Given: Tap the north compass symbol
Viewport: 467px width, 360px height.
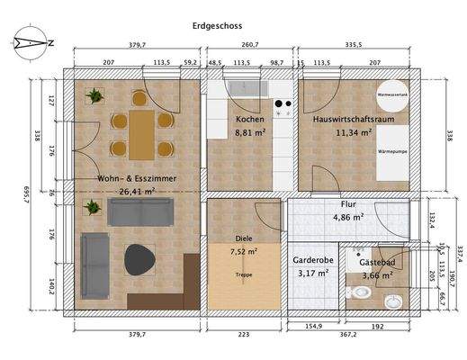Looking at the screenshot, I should coord(33,40).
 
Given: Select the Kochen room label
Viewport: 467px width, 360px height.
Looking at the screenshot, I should coord(249,120).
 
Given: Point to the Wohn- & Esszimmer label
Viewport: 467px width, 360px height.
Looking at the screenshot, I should coord(137,178).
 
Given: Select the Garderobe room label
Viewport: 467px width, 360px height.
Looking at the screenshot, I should coord(312,259).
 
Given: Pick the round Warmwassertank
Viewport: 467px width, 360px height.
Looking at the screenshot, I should coord(392,94).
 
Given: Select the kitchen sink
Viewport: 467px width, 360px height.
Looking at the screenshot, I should coord(241,88).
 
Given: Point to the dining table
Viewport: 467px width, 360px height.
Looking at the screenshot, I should coord(140,132).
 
